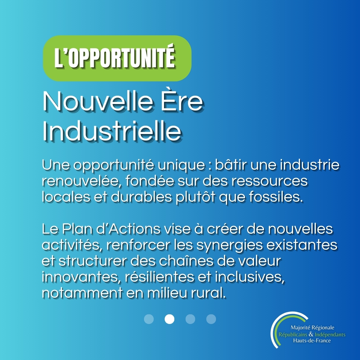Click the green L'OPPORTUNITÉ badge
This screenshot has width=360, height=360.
click(117, 58)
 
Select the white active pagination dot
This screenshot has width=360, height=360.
click(169, 319)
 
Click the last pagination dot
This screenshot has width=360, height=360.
click(211, 319)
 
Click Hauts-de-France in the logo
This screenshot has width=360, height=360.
click(312, 341)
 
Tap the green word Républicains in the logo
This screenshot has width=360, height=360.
click(293, 335)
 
